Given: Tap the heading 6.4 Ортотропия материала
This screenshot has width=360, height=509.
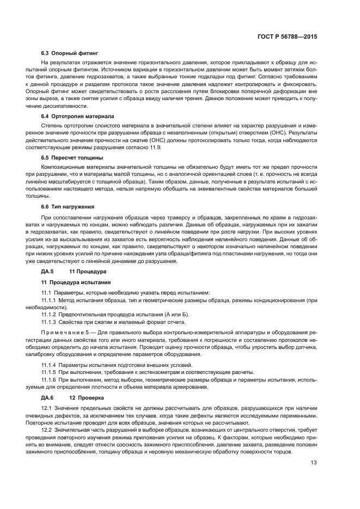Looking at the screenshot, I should coord(77,116).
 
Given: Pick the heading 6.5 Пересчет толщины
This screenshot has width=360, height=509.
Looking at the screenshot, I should coord(72,157).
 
